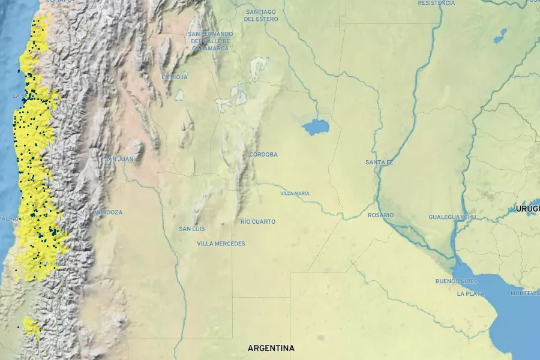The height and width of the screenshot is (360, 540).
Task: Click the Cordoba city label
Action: click(263, 155)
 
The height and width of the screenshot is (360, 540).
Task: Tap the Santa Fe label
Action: click(379, 163)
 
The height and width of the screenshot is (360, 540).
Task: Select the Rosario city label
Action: click(381, 215)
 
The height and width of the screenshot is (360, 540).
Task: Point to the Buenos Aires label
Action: click(457, 281)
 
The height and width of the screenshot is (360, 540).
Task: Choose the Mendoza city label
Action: click(108, 212)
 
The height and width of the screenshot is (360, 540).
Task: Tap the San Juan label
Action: click(118, 159)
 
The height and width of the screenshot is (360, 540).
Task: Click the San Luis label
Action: click(192, 229)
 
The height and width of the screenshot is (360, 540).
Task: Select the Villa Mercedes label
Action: click(221, 244)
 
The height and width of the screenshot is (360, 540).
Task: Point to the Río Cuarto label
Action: click(258, 222)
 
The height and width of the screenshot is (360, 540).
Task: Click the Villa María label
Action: click(295, 193)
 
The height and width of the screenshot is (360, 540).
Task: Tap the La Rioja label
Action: click(175, 77)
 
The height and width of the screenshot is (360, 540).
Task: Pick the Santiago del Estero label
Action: click(260, 16)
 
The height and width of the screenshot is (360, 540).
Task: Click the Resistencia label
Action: click(436, 3)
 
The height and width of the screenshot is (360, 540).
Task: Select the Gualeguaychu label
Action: click(452, 217)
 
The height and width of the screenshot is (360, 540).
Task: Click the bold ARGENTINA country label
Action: click(271, 348)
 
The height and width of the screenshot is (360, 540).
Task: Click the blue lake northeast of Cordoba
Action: click(316, 127)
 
